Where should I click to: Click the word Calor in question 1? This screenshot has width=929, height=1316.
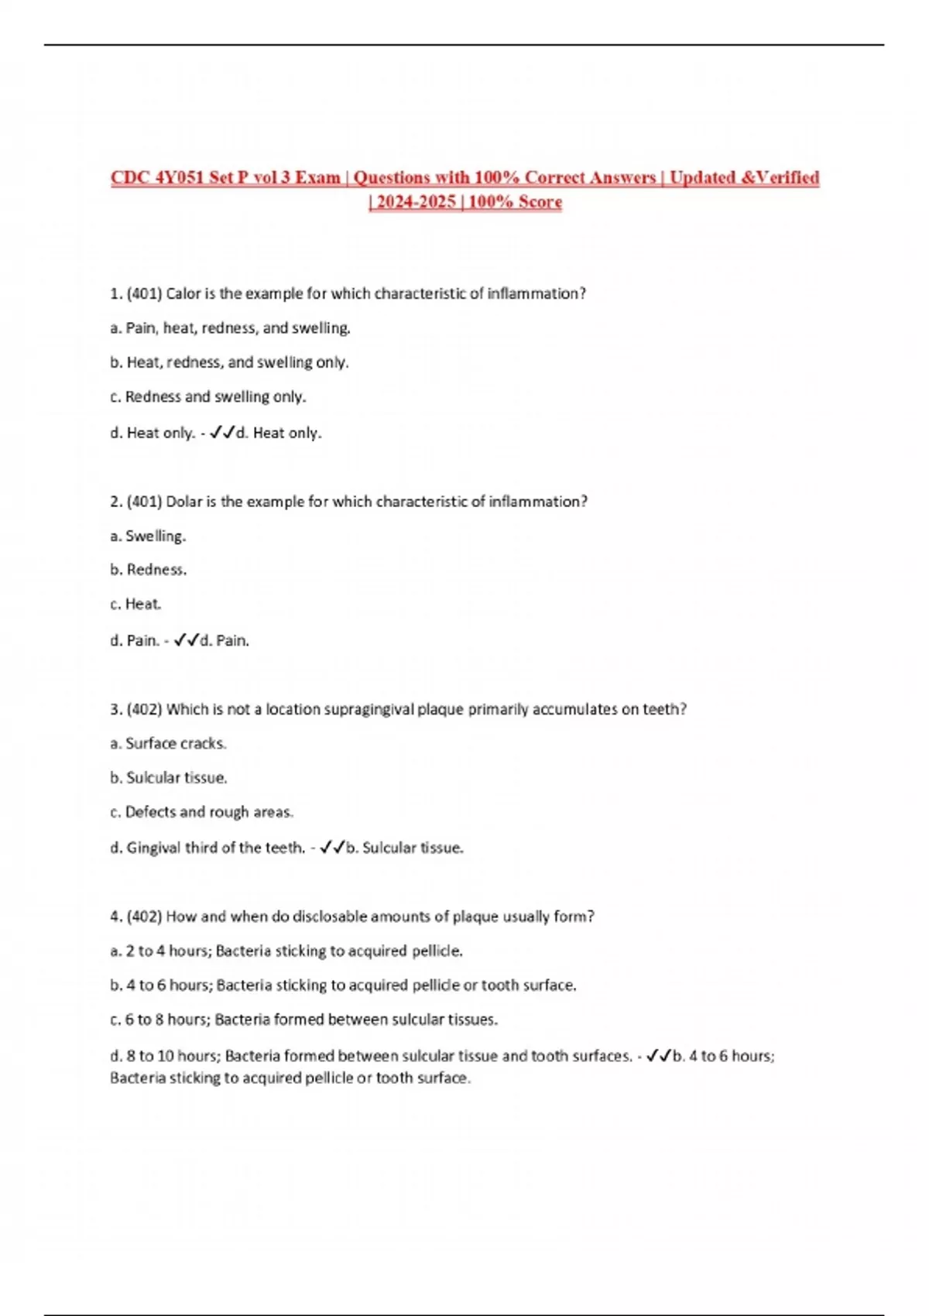(x=183, y=294)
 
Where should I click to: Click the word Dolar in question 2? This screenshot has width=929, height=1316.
(x=184, y=502)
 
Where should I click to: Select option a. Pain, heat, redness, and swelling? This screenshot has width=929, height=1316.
(x=230, y=328)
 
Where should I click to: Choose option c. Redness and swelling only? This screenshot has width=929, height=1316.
(x=207, y=397)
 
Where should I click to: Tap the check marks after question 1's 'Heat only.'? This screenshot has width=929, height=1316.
(x=222, y=433)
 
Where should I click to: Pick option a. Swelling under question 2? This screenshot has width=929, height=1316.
(x=148, y=536)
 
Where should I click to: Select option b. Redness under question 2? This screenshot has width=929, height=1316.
(x=148, y=570)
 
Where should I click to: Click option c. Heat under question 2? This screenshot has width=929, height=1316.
(x=135, y=604)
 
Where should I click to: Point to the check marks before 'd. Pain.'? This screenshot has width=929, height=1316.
(x=187, y=640)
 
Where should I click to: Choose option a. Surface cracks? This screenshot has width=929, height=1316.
(x=168, y=744)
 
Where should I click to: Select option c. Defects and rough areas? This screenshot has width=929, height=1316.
(x=201, y=812)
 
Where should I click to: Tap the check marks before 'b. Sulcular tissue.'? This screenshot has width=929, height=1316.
(x=332, y=848)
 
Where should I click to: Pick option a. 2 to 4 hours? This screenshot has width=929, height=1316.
(x=286, y=951)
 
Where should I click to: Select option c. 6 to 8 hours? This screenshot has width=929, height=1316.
(x=303, y=1020)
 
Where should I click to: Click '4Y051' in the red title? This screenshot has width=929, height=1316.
(x=180, y=177)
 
